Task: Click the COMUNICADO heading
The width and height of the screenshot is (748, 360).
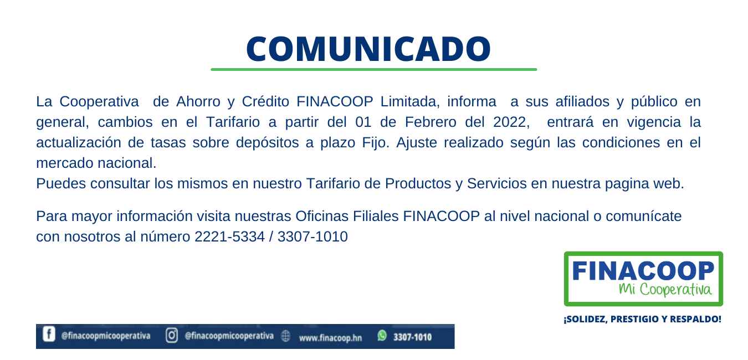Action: coord(368,49)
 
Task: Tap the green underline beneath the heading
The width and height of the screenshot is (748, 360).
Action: coord(373,69)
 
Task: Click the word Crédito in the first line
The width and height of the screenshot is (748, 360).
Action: coord(265,101)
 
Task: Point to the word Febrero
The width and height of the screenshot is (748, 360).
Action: coord(431,122)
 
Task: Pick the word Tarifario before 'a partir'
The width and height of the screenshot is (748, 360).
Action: coord(233,122)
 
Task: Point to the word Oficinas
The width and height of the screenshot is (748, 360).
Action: coord(322,216)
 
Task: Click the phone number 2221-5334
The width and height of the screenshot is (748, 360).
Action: coord(229,236)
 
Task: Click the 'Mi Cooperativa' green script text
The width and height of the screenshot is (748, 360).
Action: coord(665,289)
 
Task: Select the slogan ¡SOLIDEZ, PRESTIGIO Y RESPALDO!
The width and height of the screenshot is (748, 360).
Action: coord(643,319)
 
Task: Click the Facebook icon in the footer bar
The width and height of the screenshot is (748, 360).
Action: coord(49,334)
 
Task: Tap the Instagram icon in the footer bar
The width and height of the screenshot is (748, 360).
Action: coord(172,335)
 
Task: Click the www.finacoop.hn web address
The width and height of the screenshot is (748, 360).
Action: coord(330,338)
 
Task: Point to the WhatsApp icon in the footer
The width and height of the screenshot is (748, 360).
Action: coord(382,336)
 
